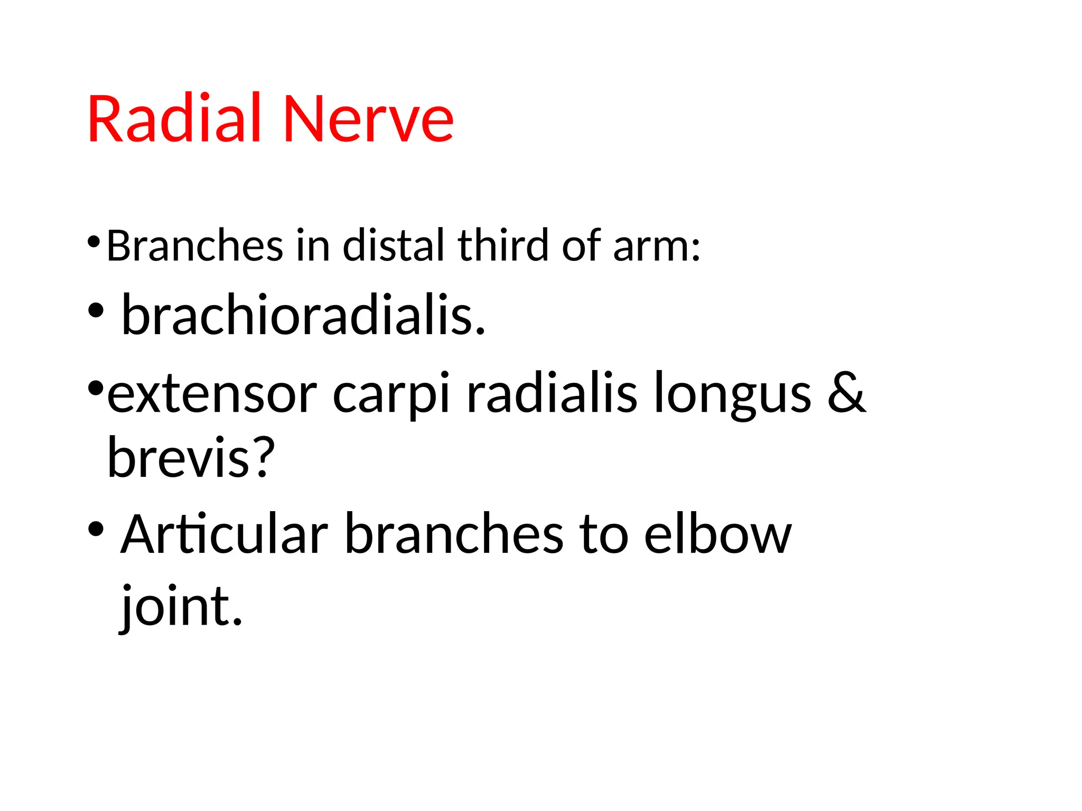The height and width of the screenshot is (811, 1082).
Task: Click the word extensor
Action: pyautogui.click(x=212, y=394)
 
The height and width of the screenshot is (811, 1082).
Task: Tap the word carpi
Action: pyautogui.click(x=391, y=396)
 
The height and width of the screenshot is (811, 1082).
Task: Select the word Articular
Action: pyautogui.click(x=225, y=534)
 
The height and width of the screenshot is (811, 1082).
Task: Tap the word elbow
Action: pyautogui.click(x=718, y=534)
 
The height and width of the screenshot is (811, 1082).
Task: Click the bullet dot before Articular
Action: pyautogui.click(x=96, y=529)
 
